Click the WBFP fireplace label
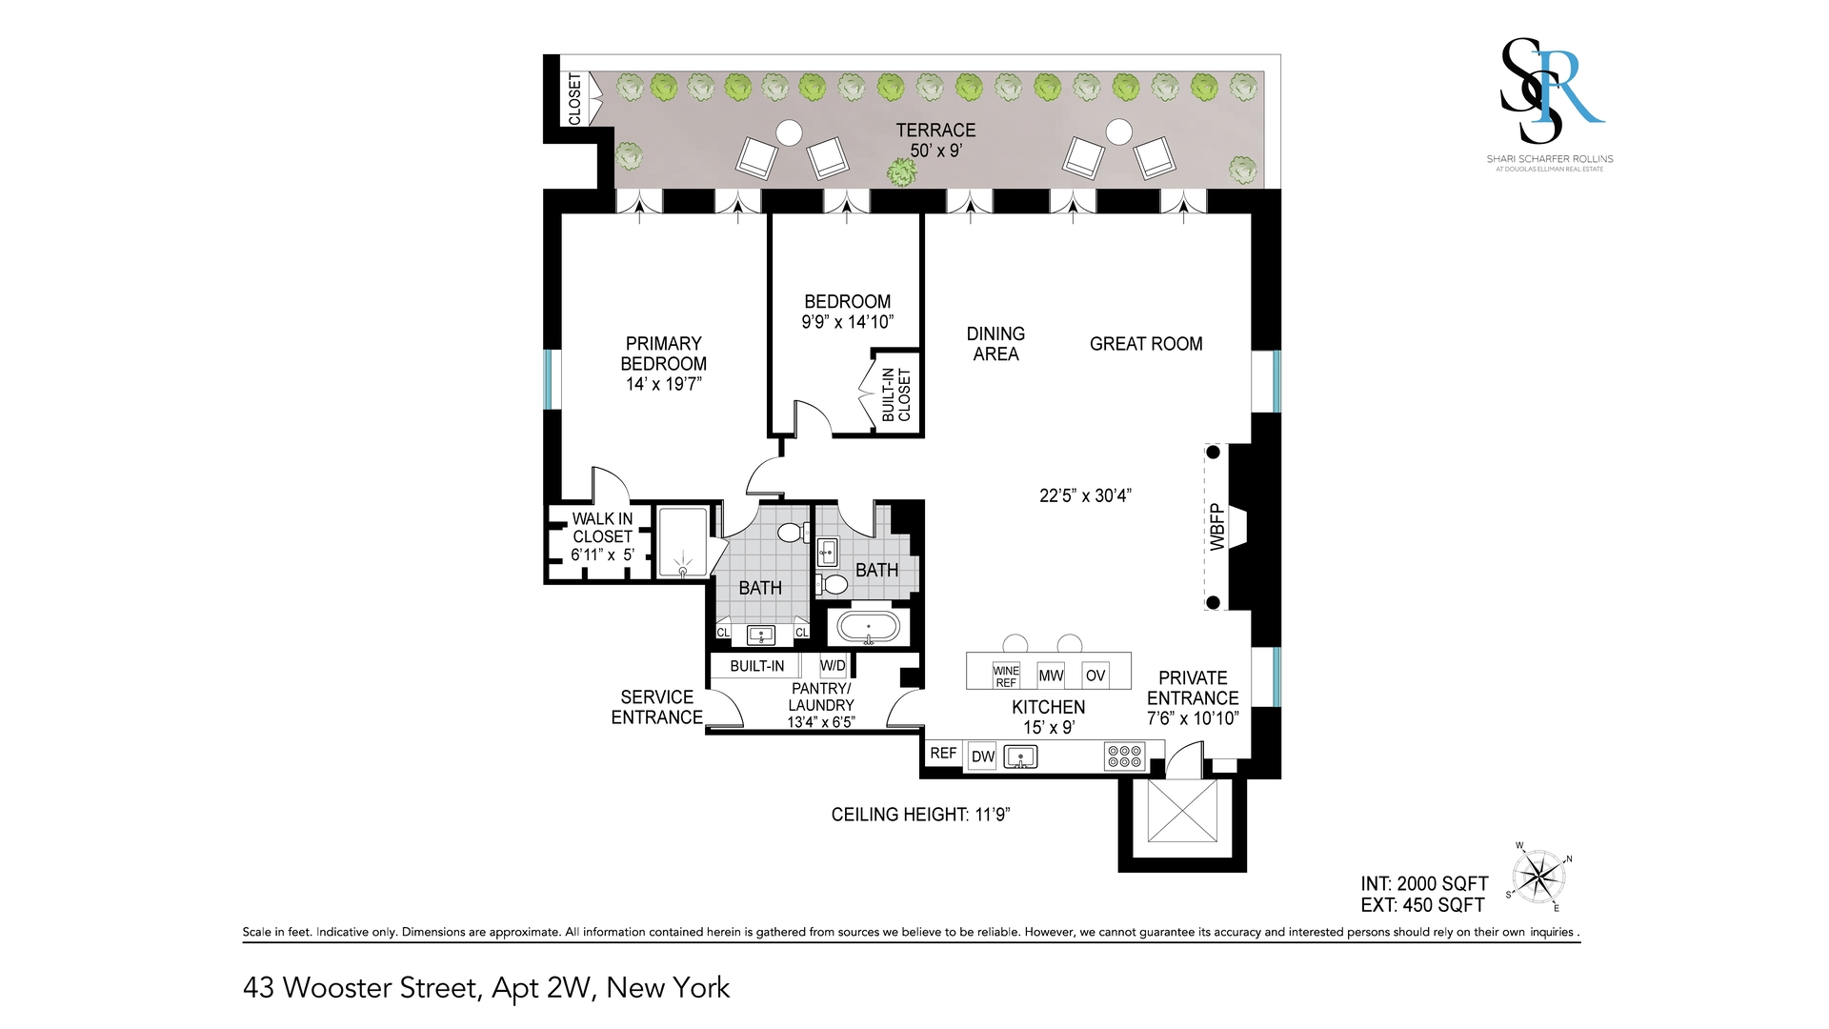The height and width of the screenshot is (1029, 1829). tap(1216, 527)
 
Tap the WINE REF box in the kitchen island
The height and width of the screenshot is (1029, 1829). tap(1006, 676)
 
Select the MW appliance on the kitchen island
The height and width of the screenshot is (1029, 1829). tap(1051, 676)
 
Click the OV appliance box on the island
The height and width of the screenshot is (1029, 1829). tap(1095, 676)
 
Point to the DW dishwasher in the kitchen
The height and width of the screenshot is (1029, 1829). tap(983, 757)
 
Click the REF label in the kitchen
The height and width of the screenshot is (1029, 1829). tap(943, 753)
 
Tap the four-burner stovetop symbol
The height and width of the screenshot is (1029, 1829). tap(1124, 757)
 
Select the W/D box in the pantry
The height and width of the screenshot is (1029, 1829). tap(833, 665)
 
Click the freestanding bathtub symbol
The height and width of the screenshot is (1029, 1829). tap(868, 628)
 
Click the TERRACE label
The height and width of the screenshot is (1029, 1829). tap(935, 131)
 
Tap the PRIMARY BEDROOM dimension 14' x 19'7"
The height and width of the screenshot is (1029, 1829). tap(664, 384)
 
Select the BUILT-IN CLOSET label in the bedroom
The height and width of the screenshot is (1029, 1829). tap(896, 394)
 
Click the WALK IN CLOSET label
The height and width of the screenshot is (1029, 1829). tap(602, 527)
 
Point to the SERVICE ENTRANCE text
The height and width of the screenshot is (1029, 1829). tap(657, 707)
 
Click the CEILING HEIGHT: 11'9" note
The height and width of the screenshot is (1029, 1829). tap(920, 815)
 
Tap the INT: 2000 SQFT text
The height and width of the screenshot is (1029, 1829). tap(1424, 884)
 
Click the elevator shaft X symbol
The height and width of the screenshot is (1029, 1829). tap(1182, 810)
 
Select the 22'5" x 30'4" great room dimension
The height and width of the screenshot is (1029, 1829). tap(1085, 495)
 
